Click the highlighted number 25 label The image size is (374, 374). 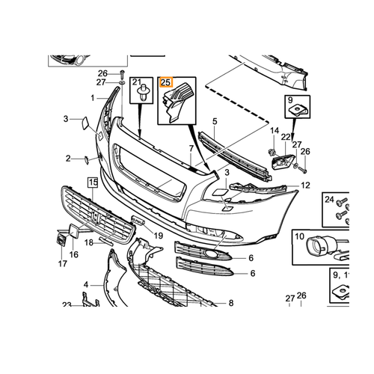coord(166,82)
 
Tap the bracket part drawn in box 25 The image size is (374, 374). coord(177,102)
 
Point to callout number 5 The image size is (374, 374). coord(215,121)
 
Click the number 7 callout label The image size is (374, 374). coord(191,149)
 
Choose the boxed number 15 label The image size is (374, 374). coord(93,183)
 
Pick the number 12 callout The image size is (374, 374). coord(305,186)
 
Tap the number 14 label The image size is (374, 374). coord(275,131)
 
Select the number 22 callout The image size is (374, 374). coord(286,137)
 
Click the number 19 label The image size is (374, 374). coord(159,236)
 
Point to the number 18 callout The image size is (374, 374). coord(89,242)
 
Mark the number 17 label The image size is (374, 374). coord(63,263)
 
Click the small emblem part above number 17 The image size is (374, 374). coord(61,239)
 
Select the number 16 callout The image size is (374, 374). coord(74,254)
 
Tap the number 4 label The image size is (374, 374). coord(86,284)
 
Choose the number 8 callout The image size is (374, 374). coord(231,303)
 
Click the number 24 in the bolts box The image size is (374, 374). coord(329,200)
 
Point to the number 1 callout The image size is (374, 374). coord(93,98)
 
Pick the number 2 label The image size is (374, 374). coord(68,159)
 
